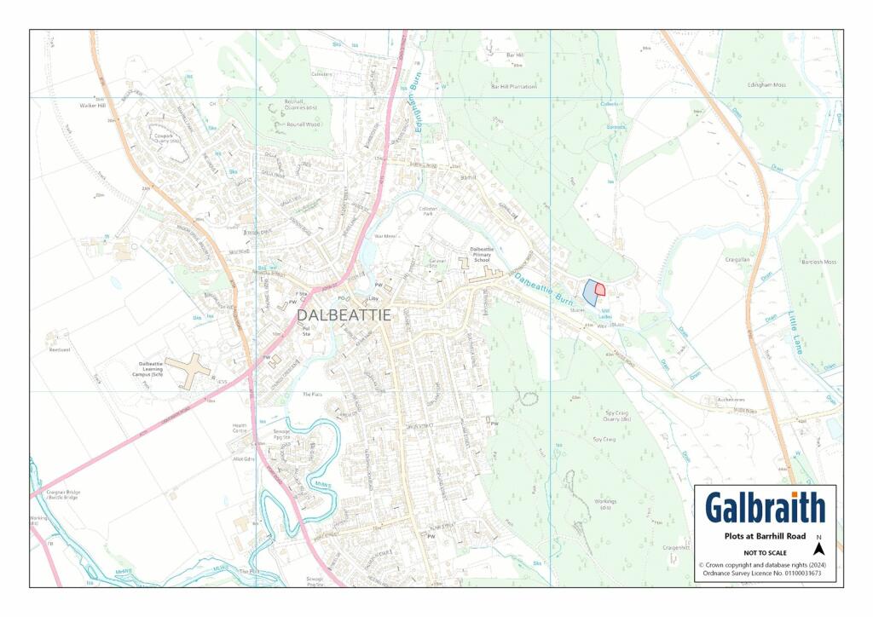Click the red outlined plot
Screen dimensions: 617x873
(x=600, y=290)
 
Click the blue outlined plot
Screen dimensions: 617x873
(x=589, y=292)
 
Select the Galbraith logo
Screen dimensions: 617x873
(x=765, y=508)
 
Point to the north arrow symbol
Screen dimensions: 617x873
(x=818, y=549)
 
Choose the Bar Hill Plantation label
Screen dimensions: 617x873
(x=513, y=86)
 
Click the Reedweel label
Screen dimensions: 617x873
(x=59, y=349)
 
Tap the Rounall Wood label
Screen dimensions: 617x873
(x=302, y=124)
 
